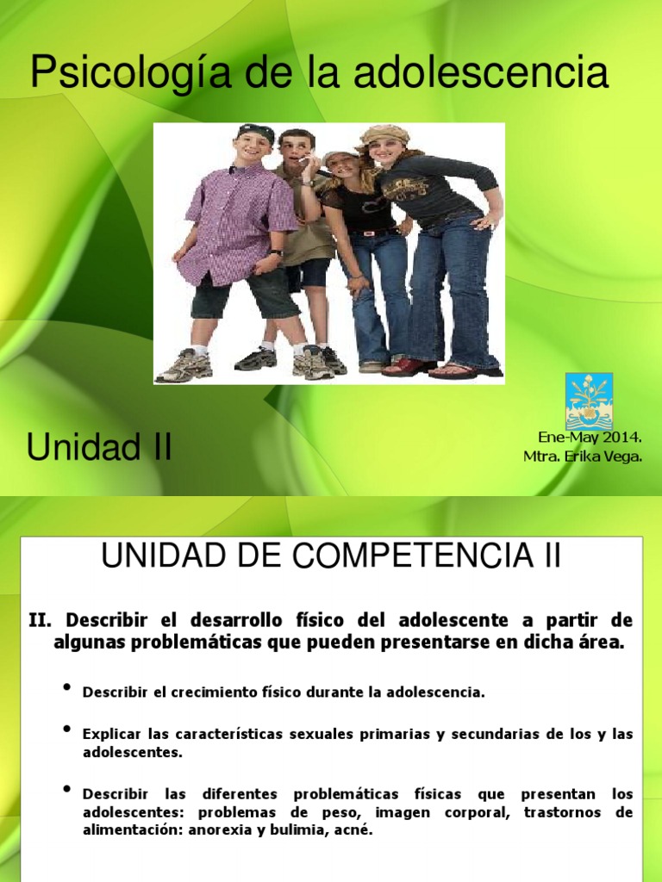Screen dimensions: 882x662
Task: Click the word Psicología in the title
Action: coord(114,74)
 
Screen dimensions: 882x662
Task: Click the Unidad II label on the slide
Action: coord(99,447)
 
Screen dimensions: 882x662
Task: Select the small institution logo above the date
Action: coord(589,401)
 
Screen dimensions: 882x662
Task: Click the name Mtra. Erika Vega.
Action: coord(583,456)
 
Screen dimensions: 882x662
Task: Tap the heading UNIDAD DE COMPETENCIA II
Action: coord(331,556)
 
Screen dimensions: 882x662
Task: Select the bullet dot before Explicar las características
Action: coord(67,729)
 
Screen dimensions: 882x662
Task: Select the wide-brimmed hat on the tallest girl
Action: coord(384,134)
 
